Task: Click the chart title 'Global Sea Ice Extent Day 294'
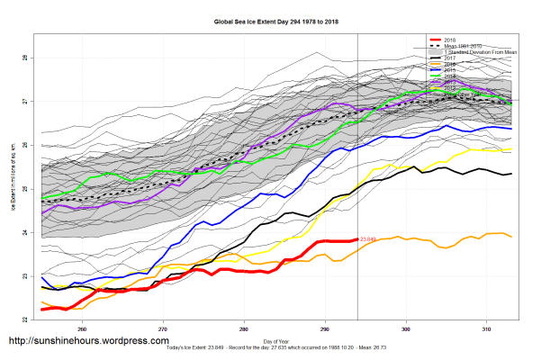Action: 270,22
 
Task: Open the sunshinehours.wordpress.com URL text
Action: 88,341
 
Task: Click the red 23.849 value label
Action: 367,239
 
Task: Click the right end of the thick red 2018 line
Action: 357,239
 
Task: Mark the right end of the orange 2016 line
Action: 513,237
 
